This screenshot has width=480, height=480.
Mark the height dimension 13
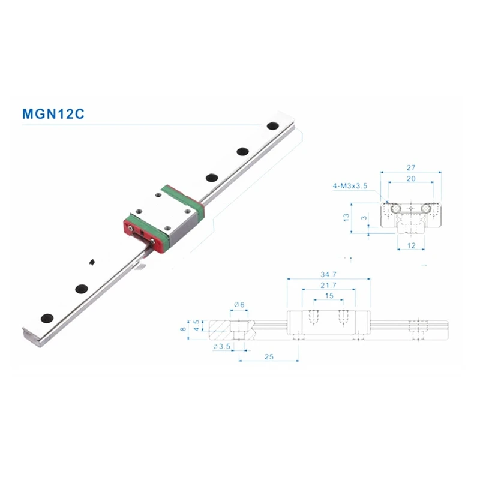(x=346, y=216)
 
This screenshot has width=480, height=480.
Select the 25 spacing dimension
(x=268, y=356)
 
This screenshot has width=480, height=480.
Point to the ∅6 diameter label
(x=238, y=305)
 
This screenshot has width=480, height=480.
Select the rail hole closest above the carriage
(x=212, y=177)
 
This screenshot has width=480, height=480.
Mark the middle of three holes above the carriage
(x=243, y=151)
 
